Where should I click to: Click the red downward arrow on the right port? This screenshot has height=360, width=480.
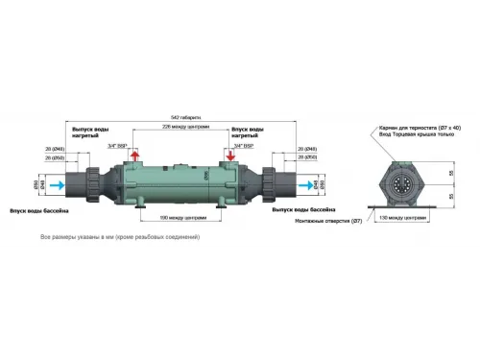[x=228, y=156]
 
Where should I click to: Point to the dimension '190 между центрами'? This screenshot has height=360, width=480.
[x=183, y=218]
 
